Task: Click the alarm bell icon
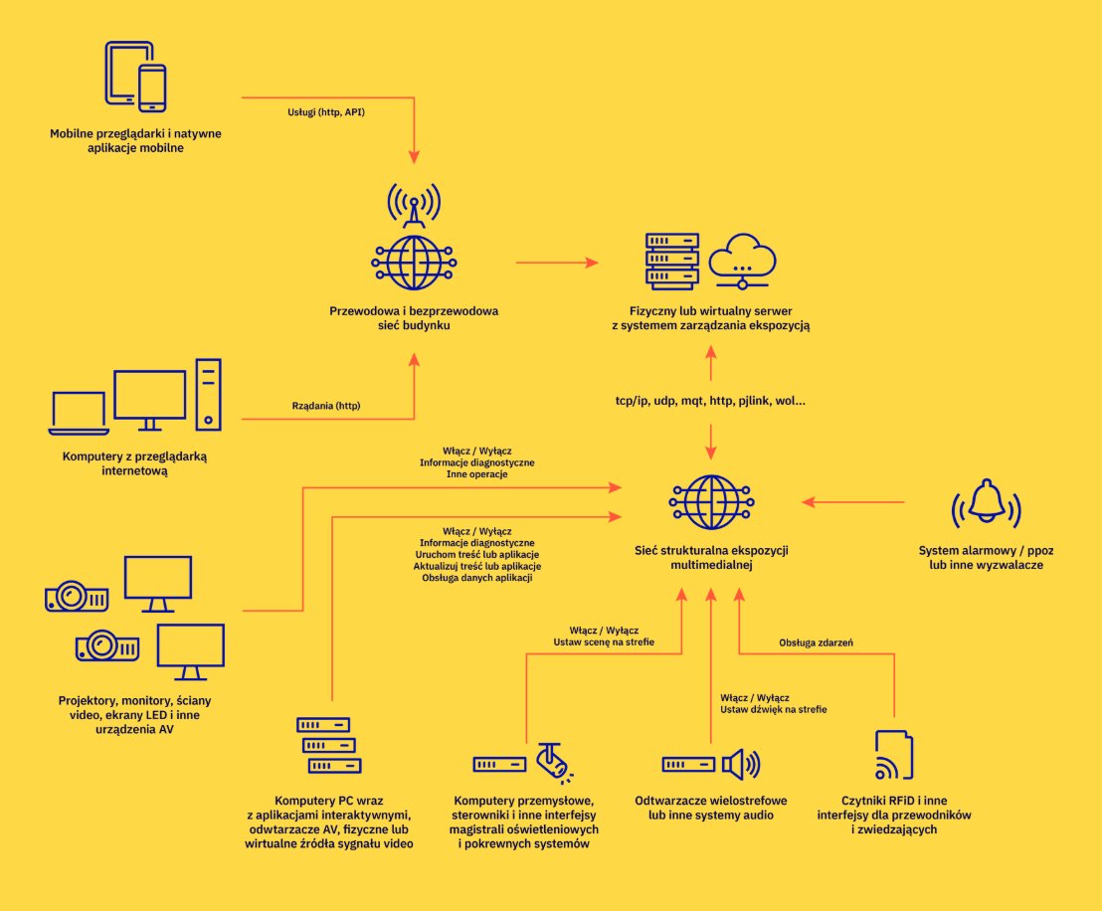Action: tap(987, 502)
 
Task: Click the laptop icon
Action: tap(79, 414)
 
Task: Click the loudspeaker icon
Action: tap(740, 764)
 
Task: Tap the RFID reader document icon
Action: tap(892, 755)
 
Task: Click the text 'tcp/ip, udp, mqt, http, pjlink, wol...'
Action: tap(710, 401)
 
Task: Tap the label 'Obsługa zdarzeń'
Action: tap(816, 643)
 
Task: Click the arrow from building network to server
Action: tap(557, 263)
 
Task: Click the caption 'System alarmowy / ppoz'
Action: tap(986, 550)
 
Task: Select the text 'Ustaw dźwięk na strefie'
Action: tap(774, 710)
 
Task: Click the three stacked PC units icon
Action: tap(328, 746)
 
